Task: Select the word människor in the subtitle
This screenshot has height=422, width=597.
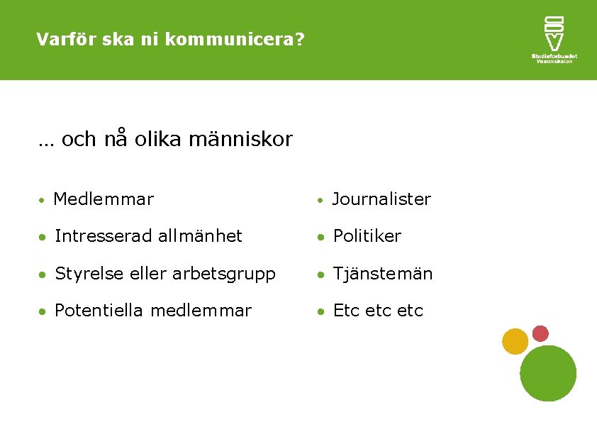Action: (241, 140)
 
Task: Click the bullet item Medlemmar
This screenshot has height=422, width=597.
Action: (103, 199)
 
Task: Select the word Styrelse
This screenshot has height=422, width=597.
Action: (85, 274)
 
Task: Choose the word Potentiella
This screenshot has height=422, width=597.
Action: (99, 311)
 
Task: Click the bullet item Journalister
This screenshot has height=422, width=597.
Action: (381, 199)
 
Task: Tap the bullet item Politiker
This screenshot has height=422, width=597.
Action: (367, 236)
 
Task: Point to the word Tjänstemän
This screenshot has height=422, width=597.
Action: (383, 274)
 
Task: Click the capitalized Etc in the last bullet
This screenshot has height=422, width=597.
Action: (345, 311)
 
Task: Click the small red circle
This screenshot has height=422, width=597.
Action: (540, 333)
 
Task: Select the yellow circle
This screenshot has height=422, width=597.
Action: (515, 341)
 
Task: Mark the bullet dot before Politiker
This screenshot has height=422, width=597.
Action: (322, 237)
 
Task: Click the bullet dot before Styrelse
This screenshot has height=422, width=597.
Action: (43, 274)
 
